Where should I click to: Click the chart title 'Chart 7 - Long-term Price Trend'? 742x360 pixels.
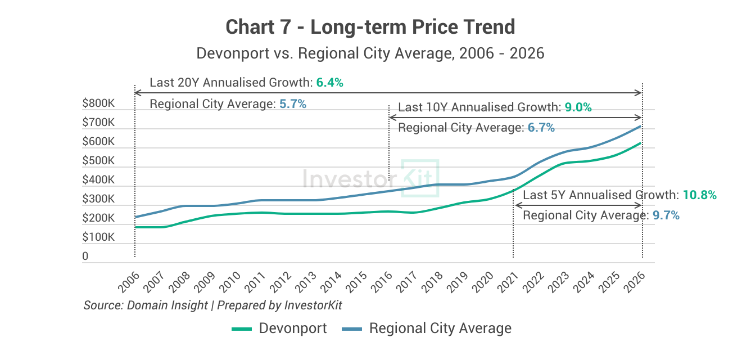[370, 26]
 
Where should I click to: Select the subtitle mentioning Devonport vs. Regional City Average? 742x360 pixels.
[370, 53]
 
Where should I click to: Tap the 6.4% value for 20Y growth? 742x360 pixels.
[329, 83]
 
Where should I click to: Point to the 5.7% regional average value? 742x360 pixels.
[292, 104]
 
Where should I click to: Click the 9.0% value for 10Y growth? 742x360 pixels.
[578, 107]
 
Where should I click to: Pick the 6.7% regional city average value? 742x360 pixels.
[541, 128]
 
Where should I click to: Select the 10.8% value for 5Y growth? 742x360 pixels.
[699, 195]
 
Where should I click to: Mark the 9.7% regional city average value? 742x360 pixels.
[666, 215]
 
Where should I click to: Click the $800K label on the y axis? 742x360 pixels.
[98, 103]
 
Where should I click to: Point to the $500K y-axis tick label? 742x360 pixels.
[98, 161]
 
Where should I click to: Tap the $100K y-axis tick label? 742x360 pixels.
[98, 237]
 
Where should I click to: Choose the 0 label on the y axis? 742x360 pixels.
[85, 256]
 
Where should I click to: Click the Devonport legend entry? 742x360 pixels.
[279, 328]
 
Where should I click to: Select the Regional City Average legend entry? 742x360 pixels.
[427, 328]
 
